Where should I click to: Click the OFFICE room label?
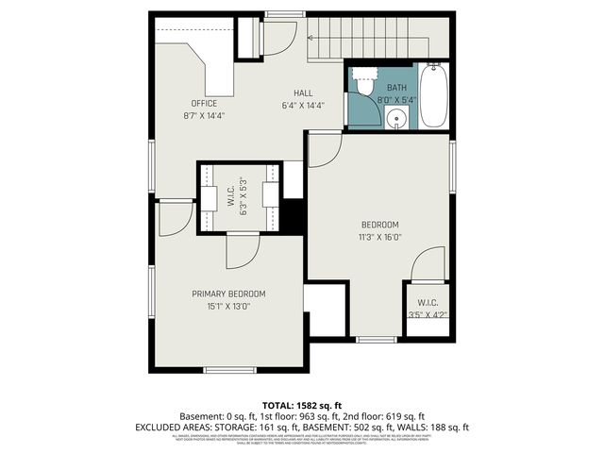pos(204,104)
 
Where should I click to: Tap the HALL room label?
pos(303,92)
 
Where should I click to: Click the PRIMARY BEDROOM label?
pos(228,294)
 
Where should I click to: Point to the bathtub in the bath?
pos(433,96)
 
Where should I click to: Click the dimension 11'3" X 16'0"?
pos(380,237)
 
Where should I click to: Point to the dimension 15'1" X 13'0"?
pos(228,306)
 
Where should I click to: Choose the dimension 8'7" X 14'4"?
pos(204,115)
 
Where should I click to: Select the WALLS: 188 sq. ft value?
pos(435,427)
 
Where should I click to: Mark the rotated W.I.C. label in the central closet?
pos(230,196)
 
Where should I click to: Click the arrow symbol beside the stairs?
pos(311,37)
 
